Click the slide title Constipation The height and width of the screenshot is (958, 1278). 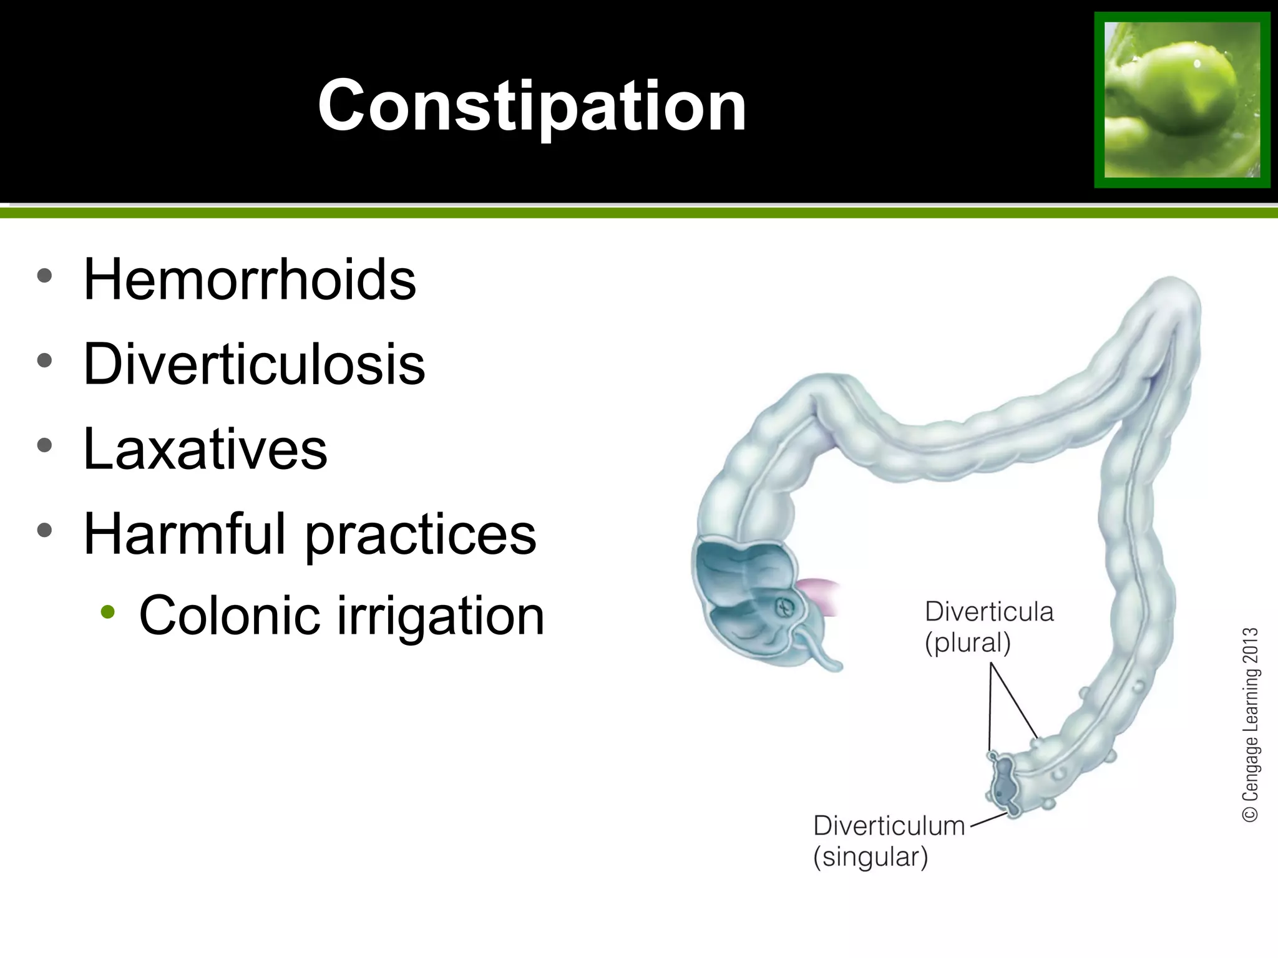tap(532, 106)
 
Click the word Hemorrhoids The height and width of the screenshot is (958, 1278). tap(250, 279)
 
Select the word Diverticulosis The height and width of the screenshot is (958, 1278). tap(254, 364)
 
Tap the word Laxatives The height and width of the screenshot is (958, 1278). tap(205, 449)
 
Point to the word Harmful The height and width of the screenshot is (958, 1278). tap(185, 534)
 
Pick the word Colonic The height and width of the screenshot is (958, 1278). tap(230, 616)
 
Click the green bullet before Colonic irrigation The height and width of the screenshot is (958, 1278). tap(108, 612)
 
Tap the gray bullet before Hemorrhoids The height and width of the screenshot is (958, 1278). tap(44, 276)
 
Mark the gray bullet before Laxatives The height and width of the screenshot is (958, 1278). tap(44, 445)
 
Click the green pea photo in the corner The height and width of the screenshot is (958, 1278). tap(1182, 100)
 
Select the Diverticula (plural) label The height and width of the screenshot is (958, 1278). tap(988, 627)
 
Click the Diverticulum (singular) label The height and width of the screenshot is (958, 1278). tap(889, 841)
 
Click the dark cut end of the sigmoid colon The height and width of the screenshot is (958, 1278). tap(1002, 782)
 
